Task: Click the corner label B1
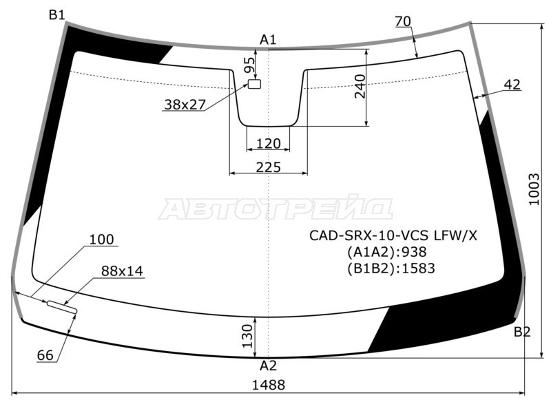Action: pos(56,15)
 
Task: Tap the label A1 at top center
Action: pos(268,40)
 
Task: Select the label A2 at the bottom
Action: pos(268,366)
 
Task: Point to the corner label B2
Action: pos(522,332)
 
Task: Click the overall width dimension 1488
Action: pos(268,385)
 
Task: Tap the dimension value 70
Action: pos(403,21)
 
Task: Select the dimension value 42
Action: pos(512,85)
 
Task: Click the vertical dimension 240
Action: pos(360,86)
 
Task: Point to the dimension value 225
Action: pos(268,167)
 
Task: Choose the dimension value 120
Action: pos(268,143)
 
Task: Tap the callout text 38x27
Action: pos(185,105)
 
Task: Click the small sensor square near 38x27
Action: pos(255,84)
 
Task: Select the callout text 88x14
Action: pos(122,271)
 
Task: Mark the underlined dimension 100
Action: pos(101,240)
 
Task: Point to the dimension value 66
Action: pos(45,355)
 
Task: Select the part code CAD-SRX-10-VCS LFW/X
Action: pos(393,235)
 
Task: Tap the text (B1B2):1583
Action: pos(391,268)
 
